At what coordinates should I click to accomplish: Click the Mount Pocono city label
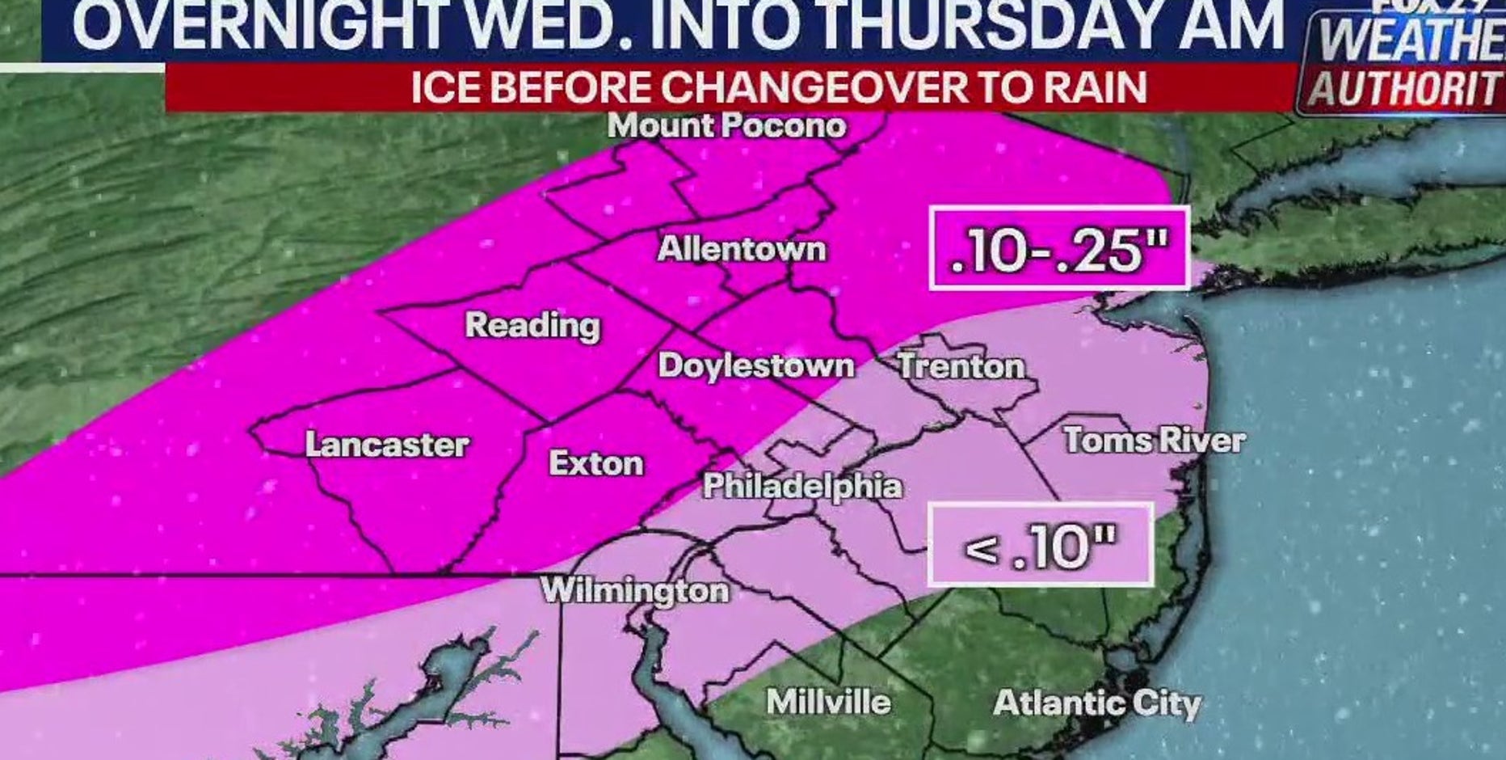726,126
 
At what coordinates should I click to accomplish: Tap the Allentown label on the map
742,248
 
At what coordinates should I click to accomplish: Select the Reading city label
532,325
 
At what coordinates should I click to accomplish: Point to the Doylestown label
756,365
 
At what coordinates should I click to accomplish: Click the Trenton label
961,366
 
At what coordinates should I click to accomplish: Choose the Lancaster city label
387,445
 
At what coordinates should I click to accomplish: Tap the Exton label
596,463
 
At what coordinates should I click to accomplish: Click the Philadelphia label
802,486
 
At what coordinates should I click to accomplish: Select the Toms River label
1155,441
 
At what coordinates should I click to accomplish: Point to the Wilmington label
635,590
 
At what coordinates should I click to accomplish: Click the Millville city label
828,702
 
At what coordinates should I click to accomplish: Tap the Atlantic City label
1097,703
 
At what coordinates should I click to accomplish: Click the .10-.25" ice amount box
1059,249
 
